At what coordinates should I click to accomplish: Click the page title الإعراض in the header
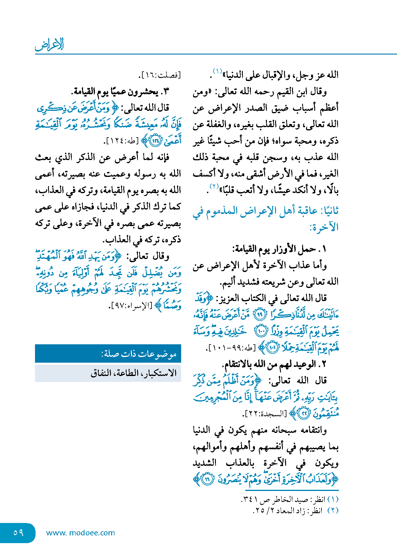click(49, 45)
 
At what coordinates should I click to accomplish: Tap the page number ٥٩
click(18, 533)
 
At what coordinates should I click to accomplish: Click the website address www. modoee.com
click(80, 533)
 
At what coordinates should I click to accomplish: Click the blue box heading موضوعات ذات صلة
click(139, 354)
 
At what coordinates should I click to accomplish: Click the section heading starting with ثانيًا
click(265, 219)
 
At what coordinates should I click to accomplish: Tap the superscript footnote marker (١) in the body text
click(217, 71)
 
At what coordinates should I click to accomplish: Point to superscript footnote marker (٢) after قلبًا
click(214, 186)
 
